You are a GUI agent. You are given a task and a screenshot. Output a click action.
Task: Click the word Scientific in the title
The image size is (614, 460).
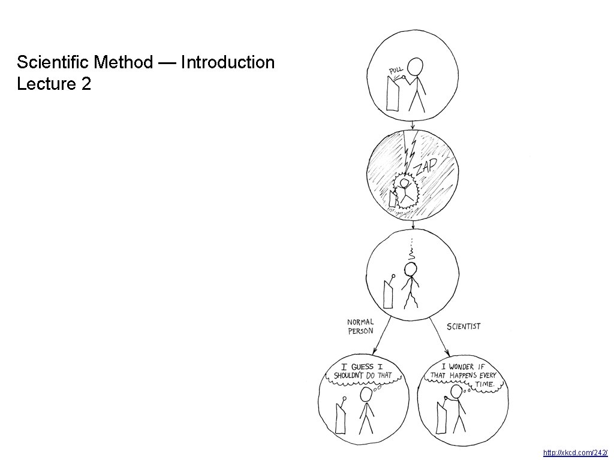pyautogui.click(x=53, y=62)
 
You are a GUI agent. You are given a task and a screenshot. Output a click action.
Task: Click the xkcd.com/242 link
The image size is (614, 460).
pyautogui.click(x=575, y=453)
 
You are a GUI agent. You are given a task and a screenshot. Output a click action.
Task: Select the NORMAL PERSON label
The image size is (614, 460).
pyautogui.click(x=360, y=327)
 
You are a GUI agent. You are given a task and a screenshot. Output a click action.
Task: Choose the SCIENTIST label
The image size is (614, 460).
pyautogui.click(x=463, y=326)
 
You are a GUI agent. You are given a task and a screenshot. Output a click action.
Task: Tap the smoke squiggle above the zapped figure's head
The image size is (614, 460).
pyautogui.click(x=411, y=255)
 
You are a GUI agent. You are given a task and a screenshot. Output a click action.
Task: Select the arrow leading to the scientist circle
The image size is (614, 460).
pyautogui.click(x=441, y=335)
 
